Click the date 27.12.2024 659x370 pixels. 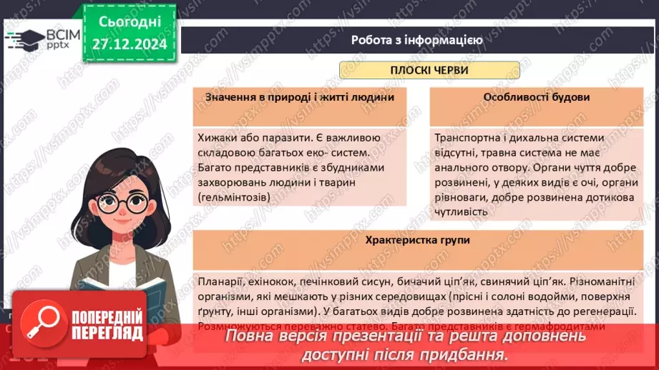[130, 44]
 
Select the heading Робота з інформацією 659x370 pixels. [416, 40]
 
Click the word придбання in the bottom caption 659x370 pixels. [464, 354]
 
